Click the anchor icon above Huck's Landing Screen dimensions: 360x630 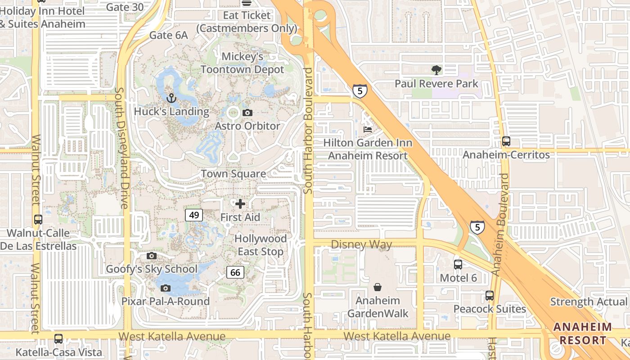(171, 98)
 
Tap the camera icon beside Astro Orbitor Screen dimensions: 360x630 (247, 112)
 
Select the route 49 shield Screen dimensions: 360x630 (194, 215)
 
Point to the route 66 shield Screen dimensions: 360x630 (235, 272)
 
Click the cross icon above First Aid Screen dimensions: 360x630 (240, 204)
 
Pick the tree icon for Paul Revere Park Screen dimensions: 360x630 (436, 70)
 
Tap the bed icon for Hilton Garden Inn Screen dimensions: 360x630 (368, 130)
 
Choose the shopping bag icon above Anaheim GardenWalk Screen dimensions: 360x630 (378, 287)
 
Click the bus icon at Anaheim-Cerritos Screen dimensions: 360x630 (506, 141)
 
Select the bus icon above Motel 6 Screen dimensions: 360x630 (458, 265)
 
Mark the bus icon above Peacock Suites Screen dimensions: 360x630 (490, 296)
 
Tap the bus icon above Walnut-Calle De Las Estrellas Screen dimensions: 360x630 (38, 220)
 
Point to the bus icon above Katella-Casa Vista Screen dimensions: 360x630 (58, 338)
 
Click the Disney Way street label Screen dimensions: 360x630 (361, 244)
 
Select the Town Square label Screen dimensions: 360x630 (233, 174)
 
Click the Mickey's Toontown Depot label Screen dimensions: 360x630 (243, 63)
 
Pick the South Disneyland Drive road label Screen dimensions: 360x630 (121, 148)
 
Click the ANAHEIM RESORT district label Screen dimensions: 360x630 (582, 333)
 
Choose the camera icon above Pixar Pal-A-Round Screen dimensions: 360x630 (166, 288)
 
